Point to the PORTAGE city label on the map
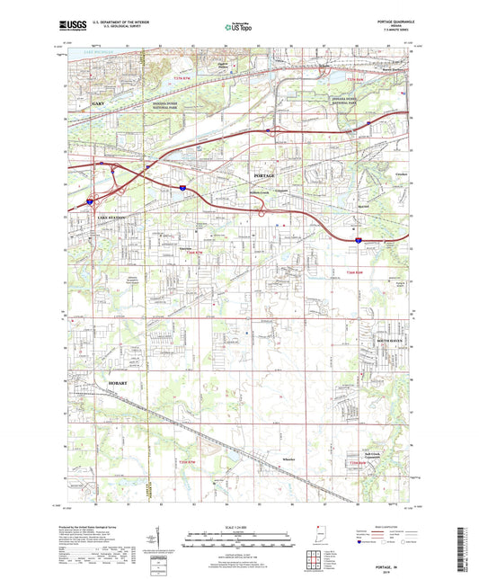click(264, 174)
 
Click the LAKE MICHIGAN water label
click(97, 56)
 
